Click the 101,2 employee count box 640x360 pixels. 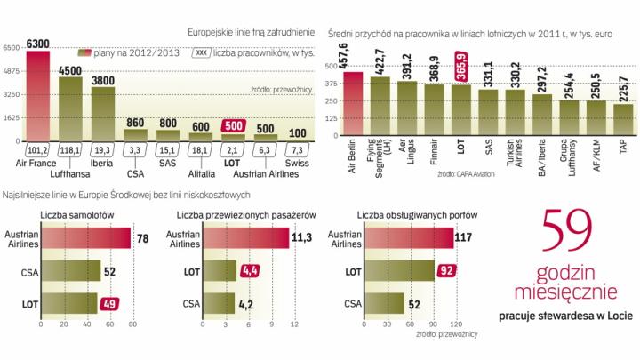(37, 150)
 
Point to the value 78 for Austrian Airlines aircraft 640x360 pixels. (140, 237)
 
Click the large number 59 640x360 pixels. (576, 234)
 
